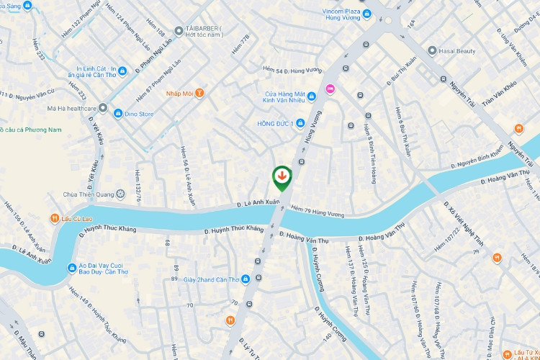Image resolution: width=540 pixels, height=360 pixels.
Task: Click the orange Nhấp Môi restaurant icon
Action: [199, 93]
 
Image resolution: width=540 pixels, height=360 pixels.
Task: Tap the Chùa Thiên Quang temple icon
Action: [120, 194]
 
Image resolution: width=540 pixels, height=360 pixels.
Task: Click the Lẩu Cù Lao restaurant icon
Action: [54, 218]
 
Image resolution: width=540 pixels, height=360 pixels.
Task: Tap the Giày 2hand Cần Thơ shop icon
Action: [246, 279]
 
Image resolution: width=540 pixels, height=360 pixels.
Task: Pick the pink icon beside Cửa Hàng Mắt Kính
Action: [330, 89]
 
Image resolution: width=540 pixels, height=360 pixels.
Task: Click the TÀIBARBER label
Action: [204, 29]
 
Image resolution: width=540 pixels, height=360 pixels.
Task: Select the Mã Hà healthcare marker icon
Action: [103, 108]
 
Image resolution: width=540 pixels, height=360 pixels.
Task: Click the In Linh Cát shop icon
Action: [122, 71]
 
